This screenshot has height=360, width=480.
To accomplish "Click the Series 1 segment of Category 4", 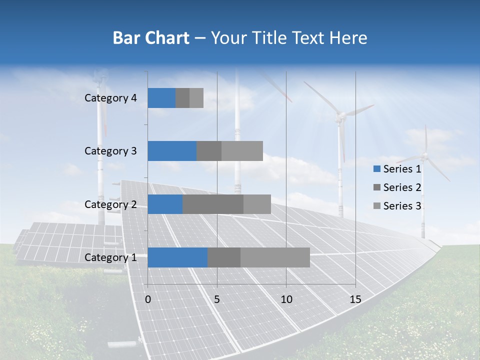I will tap(161, 98).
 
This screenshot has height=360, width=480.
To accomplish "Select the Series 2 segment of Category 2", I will tap(213, 204).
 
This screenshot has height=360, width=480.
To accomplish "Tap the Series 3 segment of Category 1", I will tap(275, 257).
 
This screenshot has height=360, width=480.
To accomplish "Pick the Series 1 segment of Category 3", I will tap(172, 151).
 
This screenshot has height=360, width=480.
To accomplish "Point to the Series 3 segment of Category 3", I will tap(242, 151).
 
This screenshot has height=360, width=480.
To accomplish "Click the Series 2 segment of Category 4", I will tap(182, 98).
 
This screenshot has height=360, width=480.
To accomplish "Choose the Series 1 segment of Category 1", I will tap(177, 257).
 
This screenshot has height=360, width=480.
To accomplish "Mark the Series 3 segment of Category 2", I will tap(257, 204).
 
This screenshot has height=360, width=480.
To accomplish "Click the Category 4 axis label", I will tap(110, 98).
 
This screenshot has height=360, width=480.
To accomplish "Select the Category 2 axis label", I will tap(110, 204).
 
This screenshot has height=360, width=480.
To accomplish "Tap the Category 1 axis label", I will tap(110, 257).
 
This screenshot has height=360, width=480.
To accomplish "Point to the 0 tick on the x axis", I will tap(148, 299).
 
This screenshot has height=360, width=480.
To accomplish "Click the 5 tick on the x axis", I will tap(217, 299).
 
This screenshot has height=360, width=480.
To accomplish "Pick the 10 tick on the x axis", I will tap(286, 299).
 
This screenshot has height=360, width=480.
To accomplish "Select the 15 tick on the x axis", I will tap(355, 299).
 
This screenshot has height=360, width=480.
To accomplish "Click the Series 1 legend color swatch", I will tap(376, 169).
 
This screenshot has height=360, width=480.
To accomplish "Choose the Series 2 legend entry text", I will tap(402, 187).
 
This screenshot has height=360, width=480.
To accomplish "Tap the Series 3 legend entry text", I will tap(402, 206).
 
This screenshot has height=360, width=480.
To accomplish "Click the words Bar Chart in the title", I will tap(151, 38).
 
